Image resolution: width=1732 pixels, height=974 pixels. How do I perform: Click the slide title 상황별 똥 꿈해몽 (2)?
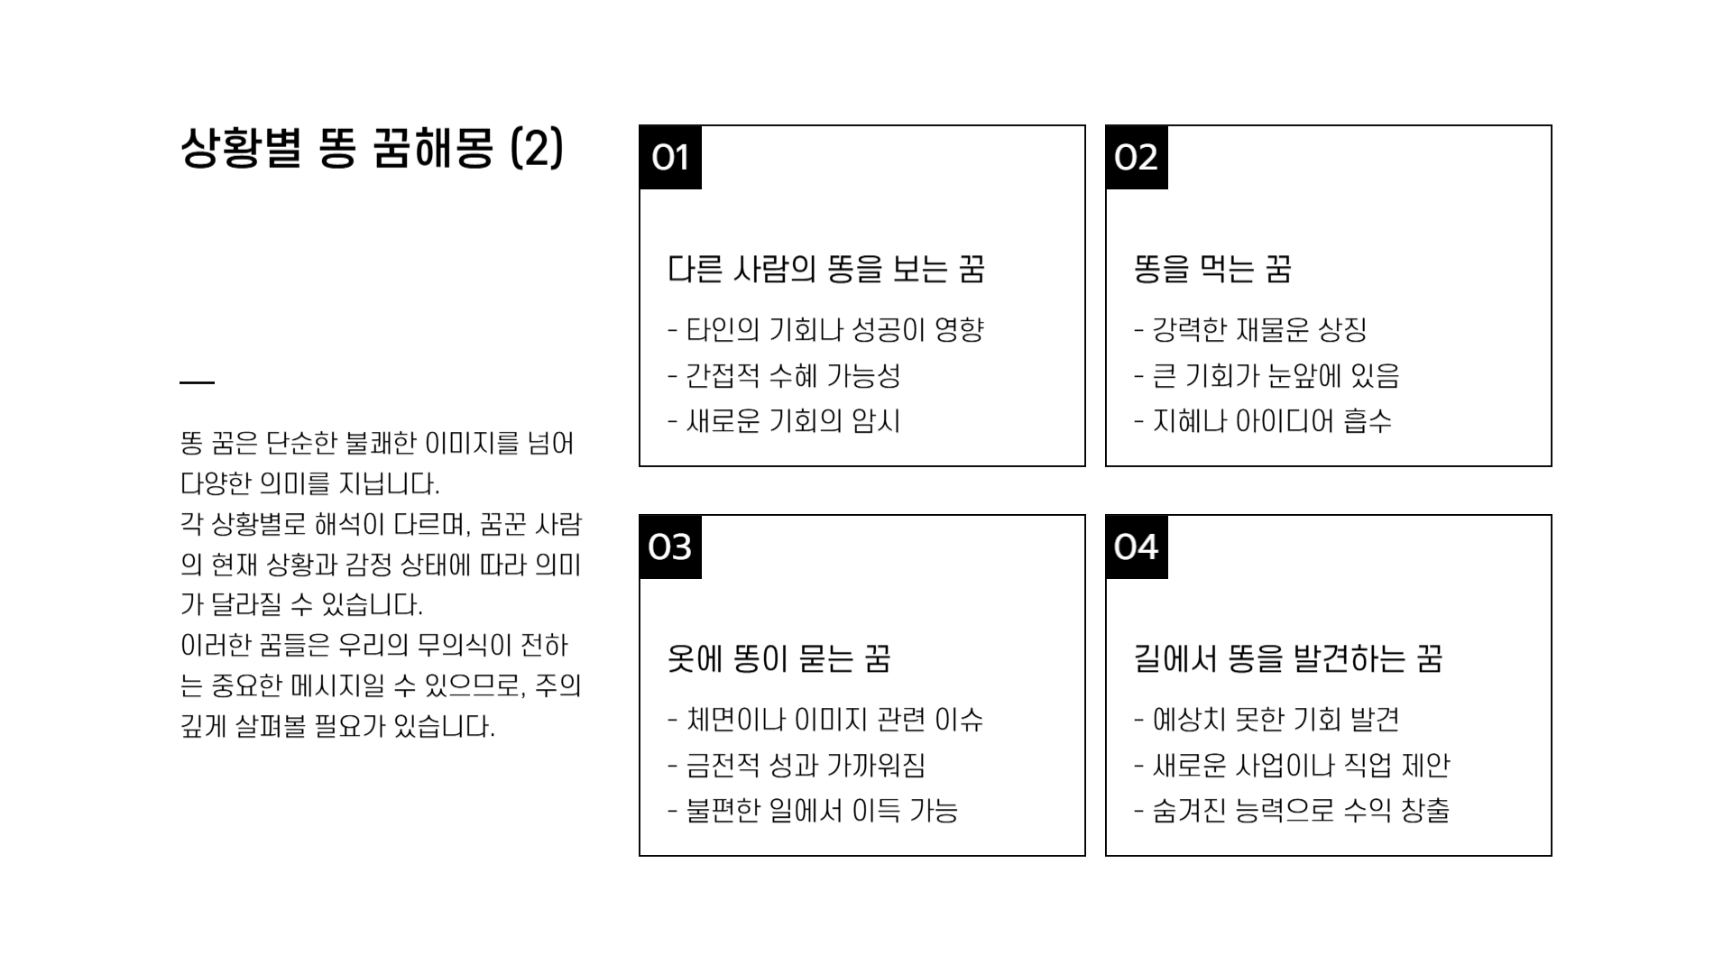point(372,149)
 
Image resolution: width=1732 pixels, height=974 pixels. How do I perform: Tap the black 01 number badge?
point(670,158)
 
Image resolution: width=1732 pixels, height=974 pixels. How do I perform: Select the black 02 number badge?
point(1136,158)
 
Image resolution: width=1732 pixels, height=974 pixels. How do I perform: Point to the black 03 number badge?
point(670,547)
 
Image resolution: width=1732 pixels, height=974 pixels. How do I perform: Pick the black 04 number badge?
point(1136,547)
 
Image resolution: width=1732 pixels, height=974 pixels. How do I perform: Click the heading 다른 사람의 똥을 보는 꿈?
point(825,270)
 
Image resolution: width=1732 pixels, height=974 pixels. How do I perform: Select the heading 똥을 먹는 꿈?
point(1212,270)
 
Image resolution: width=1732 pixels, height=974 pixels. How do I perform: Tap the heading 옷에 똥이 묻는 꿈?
point(778,659)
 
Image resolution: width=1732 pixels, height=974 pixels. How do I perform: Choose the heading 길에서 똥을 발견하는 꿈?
point(1287,659)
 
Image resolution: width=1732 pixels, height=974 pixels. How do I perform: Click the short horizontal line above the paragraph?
point(197,382)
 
